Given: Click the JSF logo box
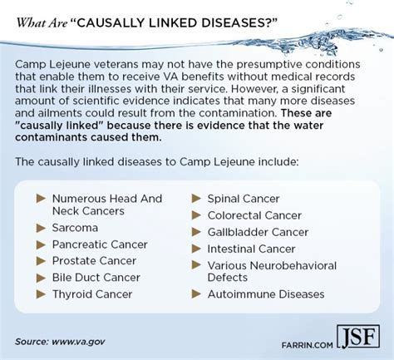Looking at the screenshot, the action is coord(358,337).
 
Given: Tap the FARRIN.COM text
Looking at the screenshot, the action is coord(307,345).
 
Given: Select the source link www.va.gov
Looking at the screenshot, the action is coord(78,342).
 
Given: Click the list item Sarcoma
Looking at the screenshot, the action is coord(75,228).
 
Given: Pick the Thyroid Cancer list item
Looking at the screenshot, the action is coord(92,294).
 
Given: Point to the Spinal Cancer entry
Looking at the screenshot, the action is coord(244,199).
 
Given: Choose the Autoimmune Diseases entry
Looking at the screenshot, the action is coord(266,294).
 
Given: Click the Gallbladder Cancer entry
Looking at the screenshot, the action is coord(258,232).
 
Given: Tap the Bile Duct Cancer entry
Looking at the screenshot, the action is coord(96,278).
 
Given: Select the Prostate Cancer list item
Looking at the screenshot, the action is coord(94,261).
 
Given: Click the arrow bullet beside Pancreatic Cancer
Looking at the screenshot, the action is coord(41,244).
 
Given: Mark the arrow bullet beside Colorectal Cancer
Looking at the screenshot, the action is coord(196,215).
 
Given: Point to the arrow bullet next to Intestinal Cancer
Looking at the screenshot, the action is coord(196,249).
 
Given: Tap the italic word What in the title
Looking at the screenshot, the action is coord(31,23).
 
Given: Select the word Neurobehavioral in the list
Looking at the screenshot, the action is coord(293,265).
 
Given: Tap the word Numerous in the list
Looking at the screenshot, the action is coord(79,199).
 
